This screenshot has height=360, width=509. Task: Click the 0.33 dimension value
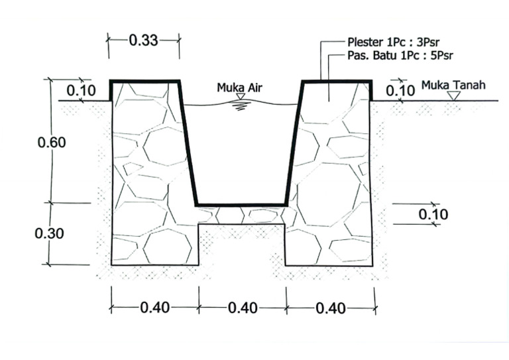pos(143,40)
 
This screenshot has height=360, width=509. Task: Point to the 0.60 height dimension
pos(52,142)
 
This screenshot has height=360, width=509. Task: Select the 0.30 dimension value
pos(49,233)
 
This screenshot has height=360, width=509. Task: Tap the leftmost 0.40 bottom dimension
pos(155,308)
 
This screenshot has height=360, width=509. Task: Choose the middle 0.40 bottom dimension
pos(243,308)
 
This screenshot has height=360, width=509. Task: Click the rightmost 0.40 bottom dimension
pos(331,308)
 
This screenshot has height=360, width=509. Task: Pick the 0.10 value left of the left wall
pos(81,91)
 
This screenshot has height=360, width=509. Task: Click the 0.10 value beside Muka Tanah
pos(400,91)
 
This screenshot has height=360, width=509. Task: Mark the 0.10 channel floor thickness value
pos(433,214)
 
